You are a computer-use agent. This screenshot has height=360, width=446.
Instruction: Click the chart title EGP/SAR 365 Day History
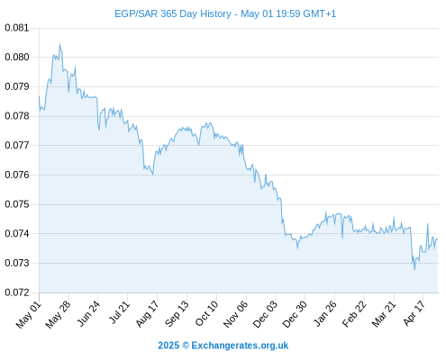pos(173,13)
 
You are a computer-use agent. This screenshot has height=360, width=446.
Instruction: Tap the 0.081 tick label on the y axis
pos(17,28)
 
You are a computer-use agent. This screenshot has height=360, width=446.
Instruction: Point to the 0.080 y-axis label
pos(17,57)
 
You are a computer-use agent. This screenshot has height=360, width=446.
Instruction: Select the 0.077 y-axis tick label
pos(17,146)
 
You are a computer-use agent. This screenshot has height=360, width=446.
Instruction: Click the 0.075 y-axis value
pos(17,204)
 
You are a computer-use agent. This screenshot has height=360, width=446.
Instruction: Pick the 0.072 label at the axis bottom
pos(17,292)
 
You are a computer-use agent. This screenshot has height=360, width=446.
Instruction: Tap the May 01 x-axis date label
pos(28,315)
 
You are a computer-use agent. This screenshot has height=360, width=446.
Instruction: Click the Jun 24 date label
pos(88,314)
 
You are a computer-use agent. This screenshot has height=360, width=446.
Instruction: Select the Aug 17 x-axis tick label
pos(147,314)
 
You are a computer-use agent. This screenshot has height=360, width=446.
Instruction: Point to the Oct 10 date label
pos(206,314)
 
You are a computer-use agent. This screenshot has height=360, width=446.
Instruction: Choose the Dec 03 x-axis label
pos(265,314)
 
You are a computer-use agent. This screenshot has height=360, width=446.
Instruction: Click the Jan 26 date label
pos(324,314)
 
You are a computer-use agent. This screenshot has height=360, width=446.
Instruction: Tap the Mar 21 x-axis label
pos(384,314)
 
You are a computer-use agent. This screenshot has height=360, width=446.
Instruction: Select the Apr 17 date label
pos(414,313)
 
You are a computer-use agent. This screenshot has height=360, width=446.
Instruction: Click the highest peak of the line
pos(59,44)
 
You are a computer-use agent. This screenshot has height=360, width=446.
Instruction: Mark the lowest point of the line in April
pos(414,269)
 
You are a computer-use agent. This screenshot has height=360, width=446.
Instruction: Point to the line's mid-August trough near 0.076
pos(153,175)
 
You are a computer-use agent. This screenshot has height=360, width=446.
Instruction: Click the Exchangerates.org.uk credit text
pos(240,346)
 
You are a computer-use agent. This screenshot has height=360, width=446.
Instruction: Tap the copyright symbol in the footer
pos(186,346)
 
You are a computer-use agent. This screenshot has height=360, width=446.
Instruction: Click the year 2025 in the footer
pos(168,346)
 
